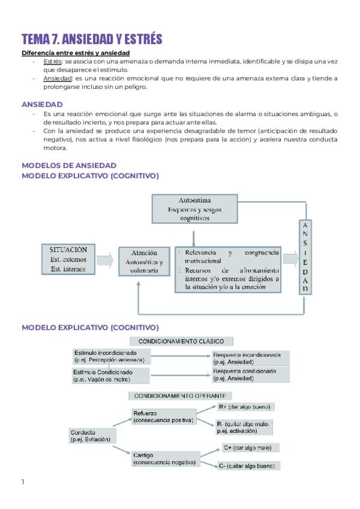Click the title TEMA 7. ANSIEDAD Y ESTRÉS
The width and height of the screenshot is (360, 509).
coord(92,40)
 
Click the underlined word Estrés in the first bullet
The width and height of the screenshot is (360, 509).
coord(52,62)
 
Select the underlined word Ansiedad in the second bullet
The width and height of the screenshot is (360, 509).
coord(57,79)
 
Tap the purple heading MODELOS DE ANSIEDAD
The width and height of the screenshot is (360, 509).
coord(69,165)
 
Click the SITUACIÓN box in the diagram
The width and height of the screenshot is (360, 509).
coord(68,259)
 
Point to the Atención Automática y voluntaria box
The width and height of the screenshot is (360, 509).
coord(144,262)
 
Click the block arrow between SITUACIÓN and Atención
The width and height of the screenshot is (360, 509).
coord(105,260)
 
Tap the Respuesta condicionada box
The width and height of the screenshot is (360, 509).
coord(251,375)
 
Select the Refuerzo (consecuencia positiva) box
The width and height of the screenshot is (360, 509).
coord(163,417)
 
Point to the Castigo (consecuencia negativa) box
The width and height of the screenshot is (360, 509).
coord(164,458)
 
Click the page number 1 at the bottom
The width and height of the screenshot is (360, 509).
coord(23,482)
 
